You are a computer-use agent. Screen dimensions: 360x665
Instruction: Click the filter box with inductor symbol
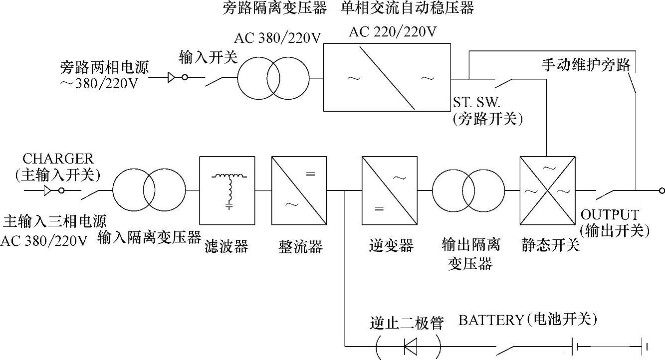tap(227, 190)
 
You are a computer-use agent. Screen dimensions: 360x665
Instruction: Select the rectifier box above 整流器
tap(299, 190)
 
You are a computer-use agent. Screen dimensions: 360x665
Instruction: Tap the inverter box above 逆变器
tap(390, 190)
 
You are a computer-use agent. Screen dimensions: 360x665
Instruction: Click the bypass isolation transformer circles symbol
tap(273, 78)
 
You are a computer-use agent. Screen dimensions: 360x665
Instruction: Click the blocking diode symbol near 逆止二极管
tap(410, 345)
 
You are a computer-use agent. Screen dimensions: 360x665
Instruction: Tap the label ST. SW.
tap(476, 102)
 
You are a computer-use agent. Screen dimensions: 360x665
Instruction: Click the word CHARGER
tap(58, 159)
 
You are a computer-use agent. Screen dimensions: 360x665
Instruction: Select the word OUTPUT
tap(610, 215)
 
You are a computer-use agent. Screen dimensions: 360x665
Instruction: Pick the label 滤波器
tap(226, 246)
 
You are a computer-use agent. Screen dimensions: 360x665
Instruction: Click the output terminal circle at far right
tap(662, 190)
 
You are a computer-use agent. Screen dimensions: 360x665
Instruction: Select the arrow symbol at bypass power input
tap(172, 78)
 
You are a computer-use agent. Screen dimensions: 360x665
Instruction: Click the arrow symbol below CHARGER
tap(47, 190)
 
